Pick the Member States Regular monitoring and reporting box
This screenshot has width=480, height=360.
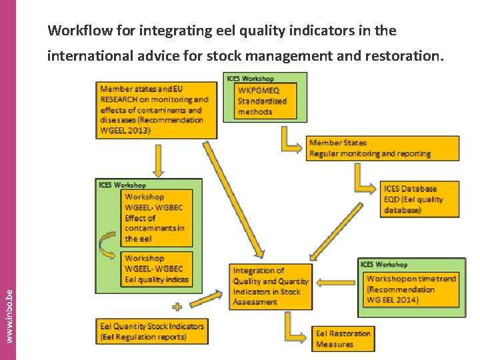[x=383, y=148]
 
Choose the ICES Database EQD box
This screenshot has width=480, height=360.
[x=419, y=199]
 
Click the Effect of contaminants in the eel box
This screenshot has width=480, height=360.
[x=157, y=217]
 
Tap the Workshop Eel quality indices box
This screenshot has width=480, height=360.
[x=157, y=269]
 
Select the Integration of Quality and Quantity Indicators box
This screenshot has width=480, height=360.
[x=271, y=287]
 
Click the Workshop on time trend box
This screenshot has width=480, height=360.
[x=411, y=289]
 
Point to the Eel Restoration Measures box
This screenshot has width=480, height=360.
[x=343, y=339]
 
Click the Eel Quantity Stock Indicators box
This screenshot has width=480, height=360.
[x=152, y=331]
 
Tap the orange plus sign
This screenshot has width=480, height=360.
[x=177, y=307]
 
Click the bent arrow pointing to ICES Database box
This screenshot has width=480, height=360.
[x=364, y=179]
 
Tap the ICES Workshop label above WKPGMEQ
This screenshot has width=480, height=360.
[x=250, y=79]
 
